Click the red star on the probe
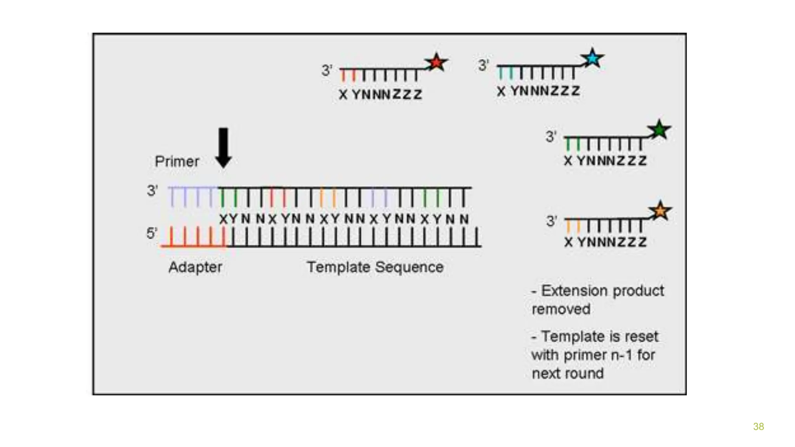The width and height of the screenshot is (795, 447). (436, 62)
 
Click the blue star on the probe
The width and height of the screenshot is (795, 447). (592, 58)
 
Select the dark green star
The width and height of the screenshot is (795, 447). (659, 130)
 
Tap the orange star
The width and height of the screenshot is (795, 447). (660, 211)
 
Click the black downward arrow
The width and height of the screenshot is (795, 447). (224, 147)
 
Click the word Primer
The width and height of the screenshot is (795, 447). (177, 161)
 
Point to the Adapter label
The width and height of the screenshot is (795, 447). (195, 267)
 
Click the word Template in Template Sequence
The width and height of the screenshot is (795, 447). (338, 267)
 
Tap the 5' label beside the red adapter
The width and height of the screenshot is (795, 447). (152, 233)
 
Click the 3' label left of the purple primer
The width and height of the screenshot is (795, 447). (152, 191)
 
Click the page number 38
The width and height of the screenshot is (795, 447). (758, 426)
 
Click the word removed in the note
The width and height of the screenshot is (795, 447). (561, 309)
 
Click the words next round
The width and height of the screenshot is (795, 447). (568, 374)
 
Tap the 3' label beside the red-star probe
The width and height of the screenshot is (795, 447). (327, 71)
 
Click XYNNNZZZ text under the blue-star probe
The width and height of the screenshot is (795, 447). (538, 91)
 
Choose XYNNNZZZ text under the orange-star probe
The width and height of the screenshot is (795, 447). (606, 242)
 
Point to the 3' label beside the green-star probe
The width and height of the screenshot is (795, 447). (551, 137)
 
